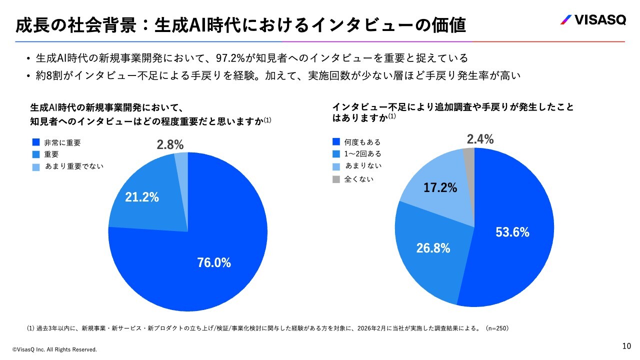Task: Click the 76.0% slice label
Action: click(x=214, y=262)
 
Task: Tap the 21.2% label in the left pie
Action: click(x=142, y=197)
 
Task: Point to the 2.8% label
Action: click(x=170, y=145)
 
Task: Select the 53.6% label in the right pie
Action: click(x=512, y=232)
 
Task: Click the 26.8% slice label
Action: click(x=433, y=247)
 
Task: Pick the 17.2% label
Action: click(x=440, y=188)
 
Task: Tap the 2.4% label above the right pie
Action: click(x=480, y=139)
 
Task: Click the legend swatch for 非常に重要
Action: click(x=35, y=142)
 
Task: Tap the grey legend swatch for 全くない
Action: click(x=336, y=178)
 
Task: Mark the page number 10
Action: click(x=626, y=346)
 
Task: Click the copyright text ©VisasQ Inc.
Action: click(x=54, y=349)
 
